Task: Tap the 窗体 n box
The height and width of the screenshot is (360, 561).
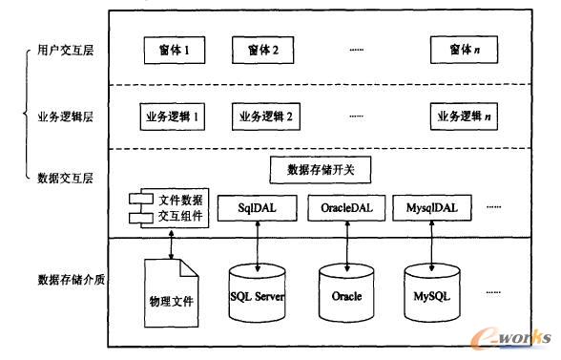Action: click(x=464, y=50)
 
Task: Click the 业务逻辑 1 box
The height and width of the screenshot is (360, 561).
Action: click(x=174, y=117)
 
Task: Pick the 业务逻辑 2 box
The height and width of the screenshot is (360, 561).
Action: click(x=262, y=117)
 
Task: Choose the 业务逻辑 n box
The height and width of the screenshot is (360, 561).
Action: click(x=465, y=117)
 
